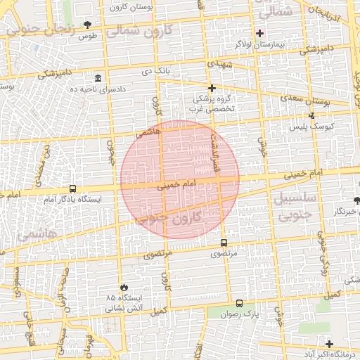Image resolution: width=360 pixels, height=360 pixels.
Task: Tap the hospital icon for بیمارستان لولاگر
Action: tap(259, 32)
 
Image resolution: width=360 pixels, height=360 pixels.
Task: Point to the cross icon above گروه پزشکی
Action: tap(212, 87)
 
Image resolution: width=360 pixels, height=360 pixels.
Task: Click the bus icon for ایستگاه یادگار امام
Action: tap(73, 188)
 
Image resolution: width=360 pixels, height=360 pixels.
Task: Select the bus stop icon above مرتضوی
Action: tap(224, 243)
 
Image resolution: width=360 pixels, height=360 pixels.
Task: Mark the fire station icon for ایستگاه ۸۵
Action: tap(124, 288)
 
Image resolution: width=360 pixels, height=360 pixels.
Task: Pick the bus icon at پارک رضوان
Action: tap(240, 304)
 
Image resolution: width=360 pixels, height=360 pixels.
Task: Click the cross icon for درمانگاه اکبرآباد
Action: tap(329, 343)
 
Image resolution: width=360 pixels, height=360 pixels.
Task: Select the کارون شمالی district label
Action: tap(147, 32)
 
